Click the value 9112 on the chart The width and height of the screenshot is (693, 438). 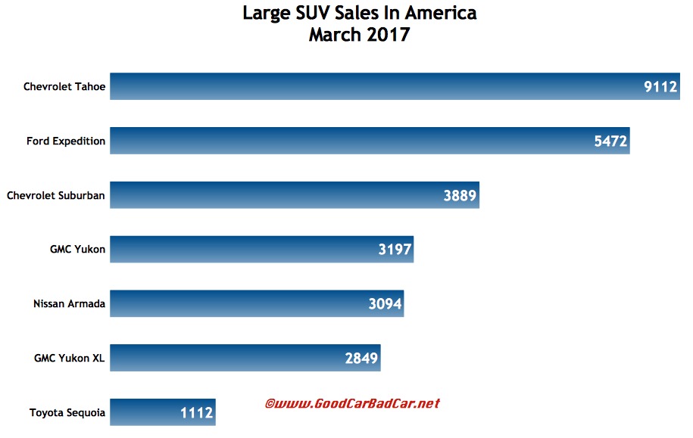tap(660, 87)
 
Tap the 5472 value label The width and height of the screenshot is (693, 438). tap(611, 141)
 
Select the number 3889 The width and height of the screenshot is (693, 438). tap(460, 196)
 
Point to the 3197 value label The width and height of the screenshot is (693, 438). tap(395, 250)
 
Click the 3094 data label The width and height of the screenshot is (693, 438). tap(385, 305)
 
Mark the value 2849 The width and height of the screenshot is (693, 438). tap(361, 359)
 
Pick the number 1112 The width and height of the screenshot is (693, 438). tap(197, 414)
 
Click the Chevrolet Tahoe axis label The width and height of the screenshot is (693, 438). tap(64, 87)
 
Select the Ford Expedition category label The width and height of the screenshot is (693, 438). tap(66, 141)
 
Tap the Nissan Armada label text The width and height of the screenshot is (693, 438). tap(69, 304)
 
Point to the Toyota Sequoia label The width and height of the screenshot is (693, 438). tap(67, 413)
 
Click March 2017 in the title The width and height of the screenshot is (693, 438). tap(359, 35)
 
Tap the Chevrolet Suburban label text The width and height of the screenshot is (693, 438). tap(56, 196)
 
